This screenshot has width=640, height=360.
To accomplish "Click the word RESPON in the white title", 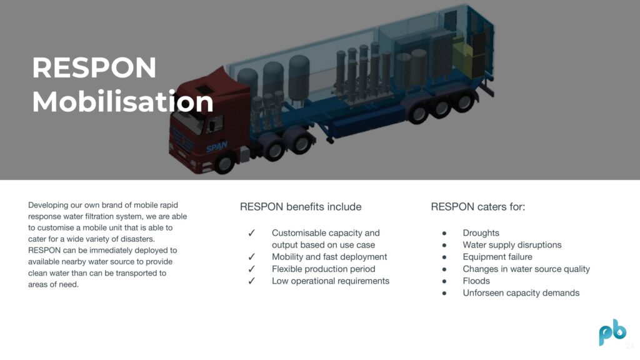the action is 94,67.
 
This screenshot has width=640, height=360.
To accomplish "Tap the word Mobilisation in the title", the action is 123,101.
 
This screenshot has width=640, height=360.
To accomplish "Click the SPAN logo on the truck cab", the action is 217,146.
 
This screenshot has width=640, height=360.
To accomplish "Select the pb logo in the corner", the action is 612,332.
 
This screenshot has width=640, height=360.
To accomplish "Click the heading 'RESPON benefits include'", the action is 301,207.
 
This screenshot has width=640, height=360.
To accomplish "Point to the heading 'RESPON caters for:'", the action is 478,207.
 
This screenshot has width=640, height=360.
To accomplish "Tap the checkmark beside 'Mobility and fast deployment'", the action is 251,257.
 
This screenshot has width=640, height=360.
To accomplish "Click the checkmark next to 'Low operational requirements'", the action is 251,281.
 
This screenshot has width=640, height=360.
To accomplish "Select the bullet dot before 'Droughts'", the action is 444,233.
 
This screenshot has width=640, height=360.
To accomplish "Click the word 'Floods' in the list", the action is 476,281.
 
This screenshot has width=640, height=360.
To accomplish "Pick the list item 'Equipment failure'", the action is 497,257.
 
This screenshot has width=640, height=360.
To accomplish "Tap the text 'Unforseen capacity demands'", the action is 521,293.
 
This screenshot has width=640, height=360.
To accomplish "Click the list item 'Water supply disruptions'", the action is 512,245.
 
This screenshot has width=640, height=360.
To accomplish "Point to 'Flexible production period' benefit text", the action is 324,269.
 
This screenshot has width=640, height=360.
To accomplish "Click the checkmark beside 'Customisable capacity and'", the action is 251,232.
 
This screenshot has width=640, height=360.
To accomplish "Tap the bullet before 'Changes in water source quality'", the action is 444,269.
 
